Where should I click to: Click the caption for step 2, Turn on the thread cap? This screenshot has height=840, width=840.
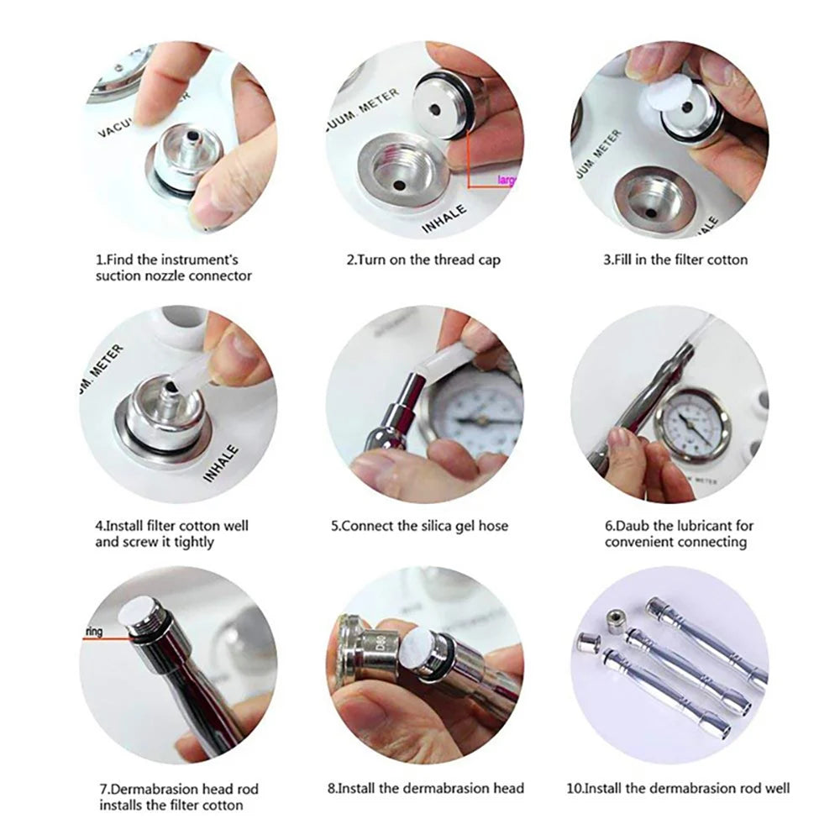tap(423, 260)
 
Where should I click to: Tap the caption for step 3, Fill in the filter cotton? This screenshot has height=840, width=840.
tap(675, 260)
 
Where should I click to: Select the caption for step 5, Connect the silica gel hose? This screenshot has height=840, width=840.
tap(419, 527)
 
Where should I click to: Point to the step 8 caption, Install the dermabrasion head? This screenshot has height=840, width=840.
tap(426, 788)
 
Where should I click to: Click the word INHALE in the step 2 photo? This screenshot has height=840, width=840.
tap(444, 217)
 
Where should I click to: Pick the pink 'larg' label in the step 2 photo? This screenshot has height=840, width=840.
tap(506, 180)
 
